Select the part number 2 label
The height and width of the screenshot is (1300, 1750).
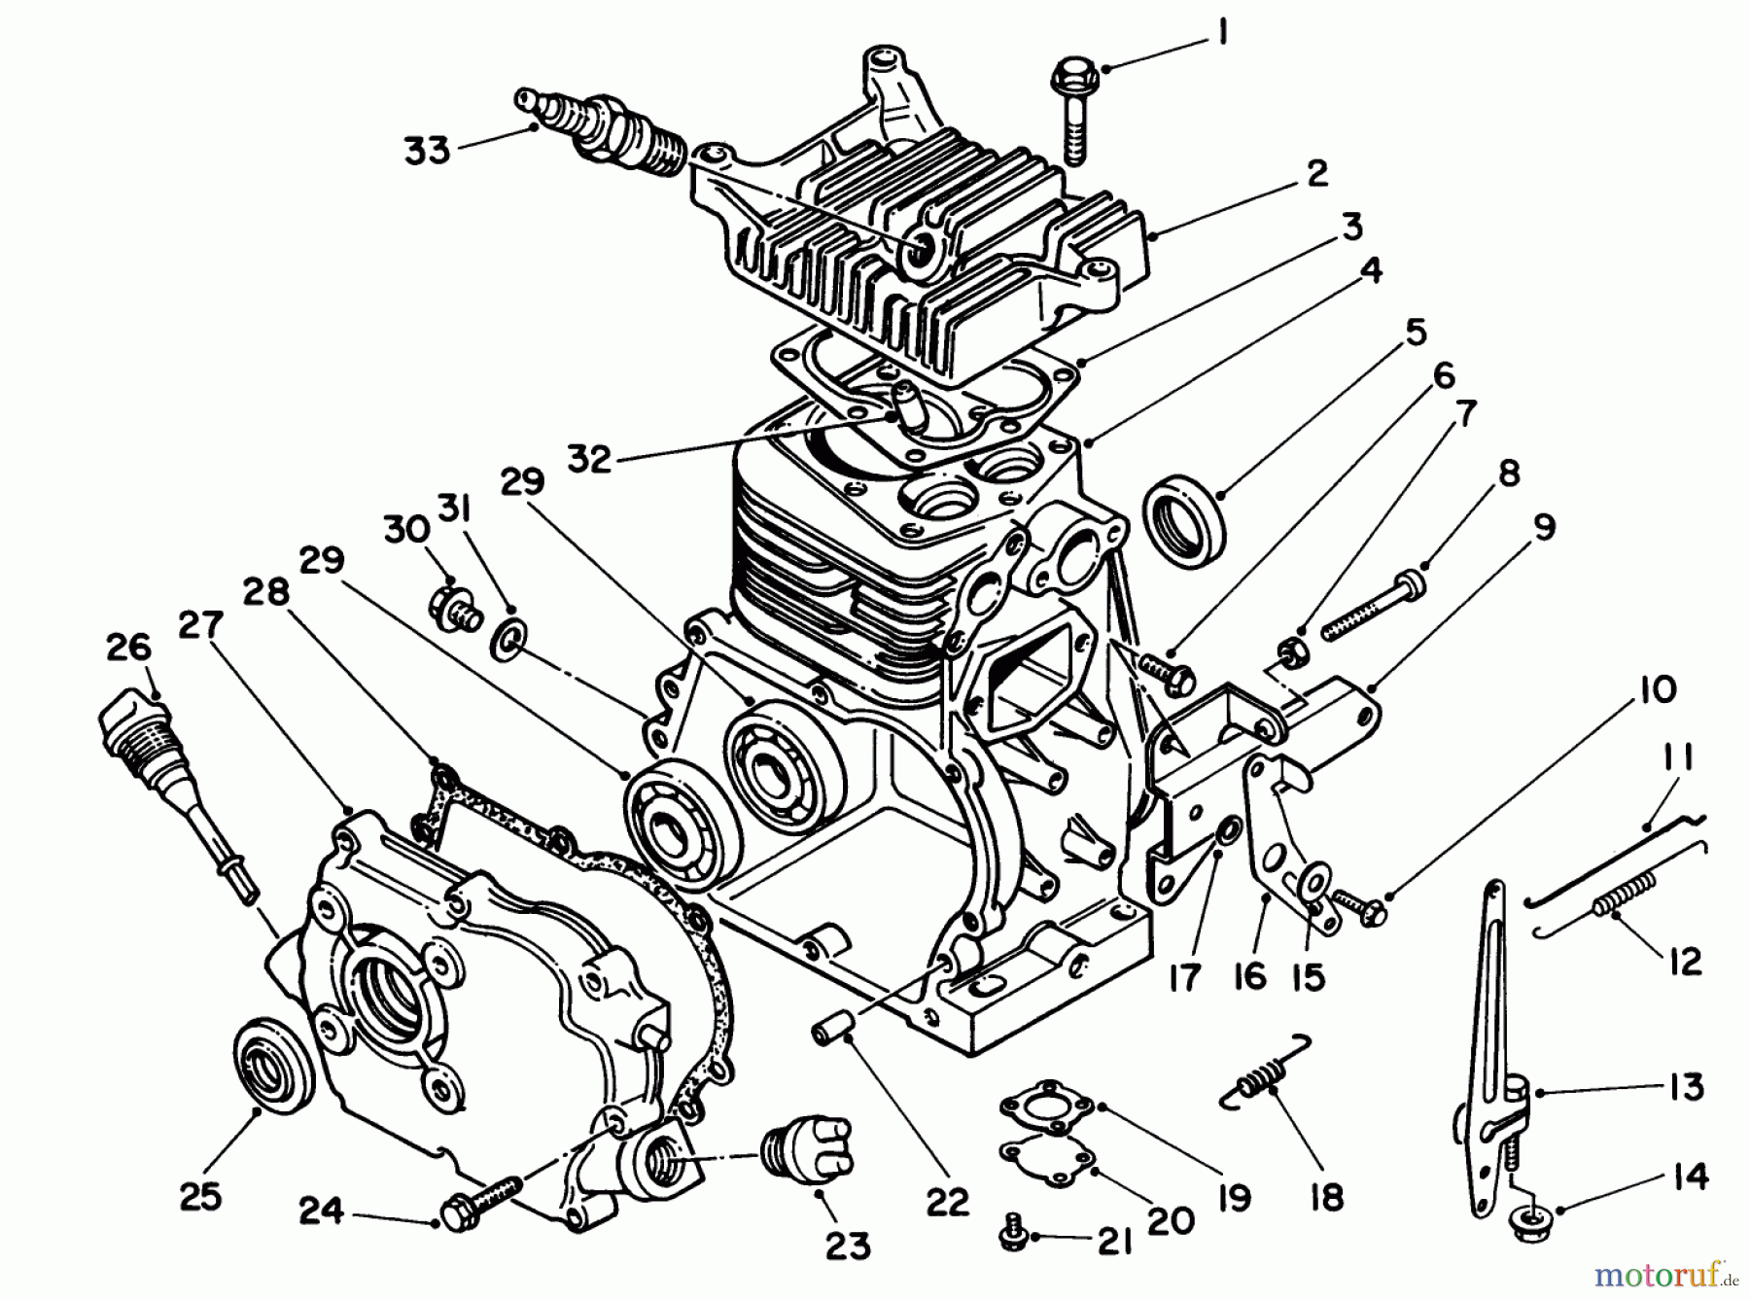1316,174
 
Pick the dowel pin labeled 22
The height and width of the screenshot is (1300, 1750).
834,1027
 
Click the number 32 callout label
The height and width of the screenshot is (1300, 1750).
590,457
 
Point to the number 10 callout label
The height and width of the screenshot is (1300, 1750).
1658,689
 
